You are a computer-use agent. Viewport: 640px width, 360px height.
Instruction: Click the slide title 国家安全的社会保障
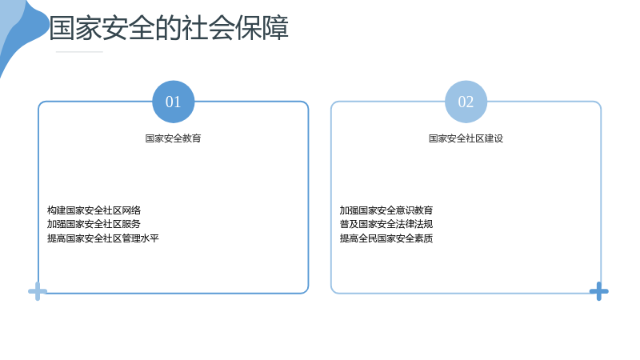(169, 28)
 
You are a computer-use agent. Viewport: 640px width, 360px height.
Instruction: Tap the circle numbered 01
(173, 102)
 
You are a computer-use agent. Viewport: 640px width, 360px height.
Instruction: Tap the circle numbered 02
(466, 102)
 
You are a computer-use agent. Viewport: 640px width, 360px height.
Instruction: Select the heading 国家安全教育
(173, 138)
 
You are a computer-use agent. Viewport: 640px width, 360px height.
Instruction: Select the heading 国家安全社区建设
(466, 138)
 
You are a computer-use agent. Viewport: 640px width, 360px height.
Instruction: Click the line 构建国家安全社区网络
(94, 210)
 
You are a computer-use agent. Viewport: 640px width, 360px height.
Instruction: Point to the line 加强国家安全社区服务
(94, 224)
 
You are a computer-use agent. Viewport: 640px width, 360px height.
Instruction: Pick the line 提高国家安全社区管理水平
(103, 238)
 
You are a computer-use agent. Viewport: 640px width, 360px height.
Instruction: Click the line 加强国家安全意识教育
(386, 210)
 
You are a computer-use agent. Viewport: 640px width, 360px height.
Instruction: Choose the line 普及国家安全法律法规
(386, 224)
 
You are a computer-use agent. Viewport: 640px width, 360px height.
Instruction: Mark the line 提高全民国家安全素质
(386, 238)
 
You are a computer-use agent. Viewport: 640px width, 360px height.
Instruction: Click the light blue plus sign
(38, 291)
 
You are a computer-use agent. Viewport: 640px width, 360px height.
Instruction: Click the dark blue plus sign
(598, 291)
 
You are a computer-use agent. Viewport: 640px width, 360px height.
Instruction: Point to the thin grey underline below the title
(79, 52)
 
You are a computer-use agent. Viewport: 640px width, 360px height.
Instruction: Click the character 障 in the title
(275, 28)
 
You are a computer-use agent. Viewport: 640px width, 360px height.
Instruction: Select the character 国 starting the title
(62, 28)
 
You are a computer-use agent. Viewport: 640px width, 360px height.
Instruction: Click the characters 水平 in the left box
(150, 238)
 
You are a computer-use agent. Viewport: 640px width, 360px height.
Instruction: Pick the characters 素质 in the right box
(424, 238)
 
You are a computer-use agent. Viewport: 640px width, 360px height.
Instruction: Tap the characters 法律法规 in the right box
(414, 224)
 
